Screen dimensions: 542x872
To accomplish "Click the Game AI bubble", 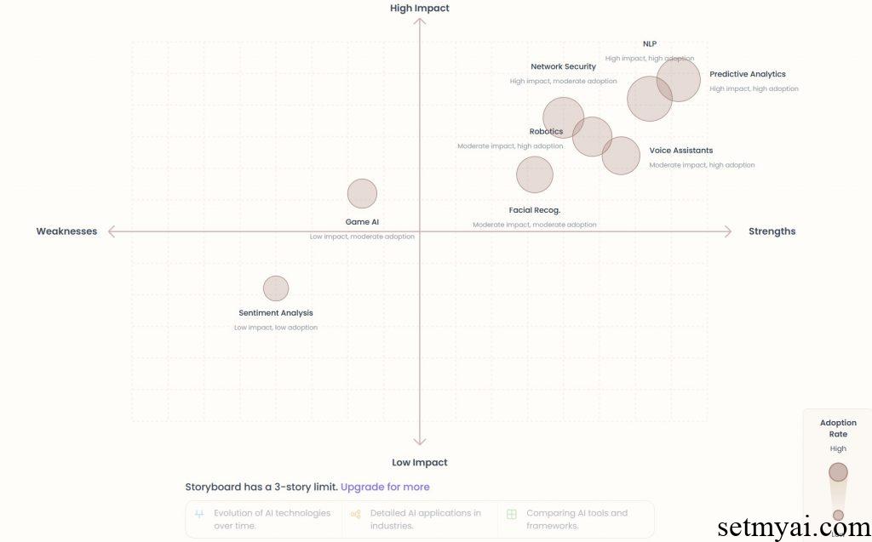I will point(362,194).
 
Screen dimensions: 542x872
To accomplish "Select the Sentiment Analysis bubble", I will point(276,288).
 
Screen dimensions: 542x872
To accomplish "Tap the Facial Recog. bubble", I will point(535,174).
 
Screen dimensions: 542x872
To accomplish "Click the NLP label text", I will point(650,44).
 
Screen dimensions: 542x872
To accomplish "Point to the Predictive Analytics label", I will point(748,74).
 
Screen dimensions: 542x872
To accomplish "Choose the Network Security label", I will point(563,66).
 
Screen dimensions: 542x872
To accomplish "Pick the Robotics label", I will point(546,132).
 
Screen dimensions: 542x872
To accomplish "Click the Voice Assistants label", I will point(681,151).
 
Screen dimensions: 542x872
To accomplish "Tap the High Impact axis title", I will point(420,9).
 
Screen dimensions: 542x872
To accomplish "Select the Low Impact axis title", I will point(420,463).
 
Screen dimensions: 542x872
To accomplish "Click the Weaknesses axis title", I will point(66,231).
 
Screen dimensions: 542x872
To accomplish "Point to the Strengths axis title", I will point(772,231).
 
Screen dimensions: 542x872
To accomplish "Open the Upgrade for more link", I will point(385,488).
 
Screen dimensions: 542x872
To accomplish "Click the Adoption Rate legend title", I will point(839,429).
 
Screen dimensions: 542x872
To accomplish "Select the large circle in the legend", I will point(839,472).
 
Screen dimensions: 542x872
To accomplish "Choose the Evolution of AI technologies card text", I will point(272,519).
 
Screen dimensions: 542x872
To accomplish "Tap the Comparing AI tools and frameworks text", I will point(577,519).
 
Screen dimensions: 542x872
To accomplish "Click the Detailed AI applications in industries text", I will point(425,519).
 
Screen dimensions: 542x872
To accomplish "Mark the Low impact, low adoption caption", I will point(276,328).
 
